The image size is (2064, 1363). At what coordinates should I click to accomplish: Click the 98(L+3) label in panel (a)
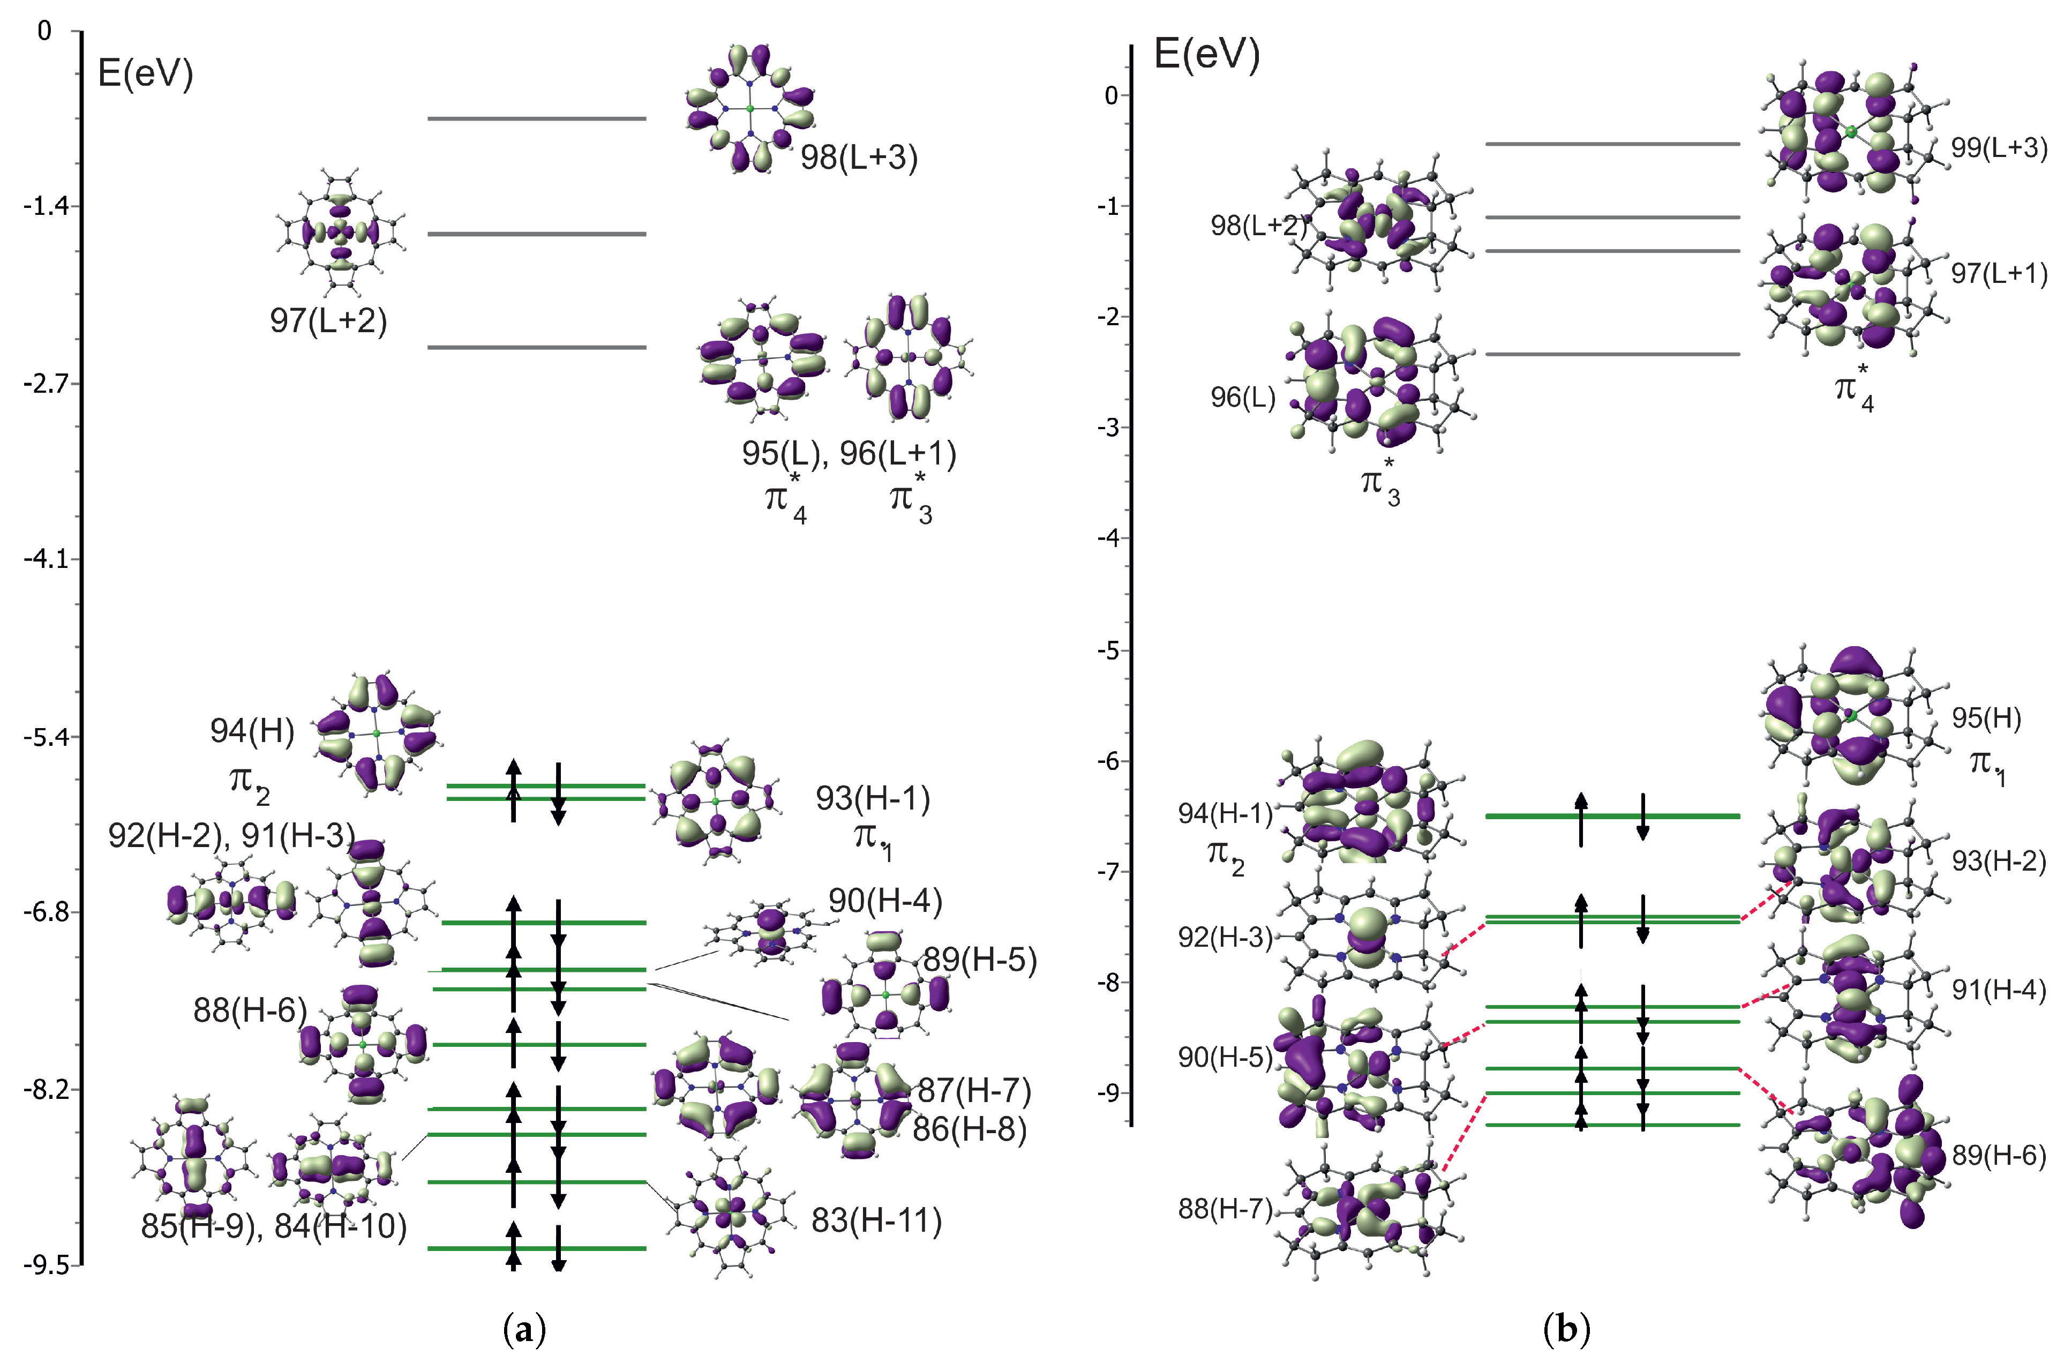click(x=859, y=158)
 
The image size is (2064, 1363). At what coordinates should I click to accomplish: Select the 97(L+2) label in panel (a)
click(x=328, y=321)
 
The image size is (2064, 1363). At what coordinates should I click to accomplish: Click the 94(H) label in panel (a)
click(x=252, y=731)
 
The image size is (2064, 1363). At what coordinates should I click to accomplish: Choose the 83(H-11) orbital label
click(x=876, y=1222)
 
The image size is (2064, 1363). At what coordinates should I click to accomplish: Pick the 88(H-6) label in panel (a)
click(x=250, y=1010)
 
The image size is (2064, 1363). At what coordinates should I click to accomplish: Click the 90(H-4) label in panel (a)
click(x=885, y=901)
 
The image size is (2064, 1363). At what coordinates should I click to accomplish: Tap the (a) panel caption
click(x=525, y=1329)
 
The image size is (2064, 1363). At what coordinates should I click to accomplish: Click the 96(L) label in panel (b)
click(x=1243, y=398)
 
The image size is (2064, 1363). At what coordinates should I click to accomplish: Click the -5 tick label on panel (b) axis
click(x=1110, y=651)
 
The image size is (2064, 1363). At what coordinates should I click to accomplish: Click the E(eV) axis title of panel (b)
click(x=1206, y=56)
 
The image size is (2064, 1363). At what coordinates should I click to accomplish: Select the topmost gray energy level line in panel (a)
click(x=537, y=118)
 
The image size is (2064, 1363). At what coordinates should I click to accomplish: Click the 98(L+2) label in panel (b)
click(x=1257, y=226)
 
